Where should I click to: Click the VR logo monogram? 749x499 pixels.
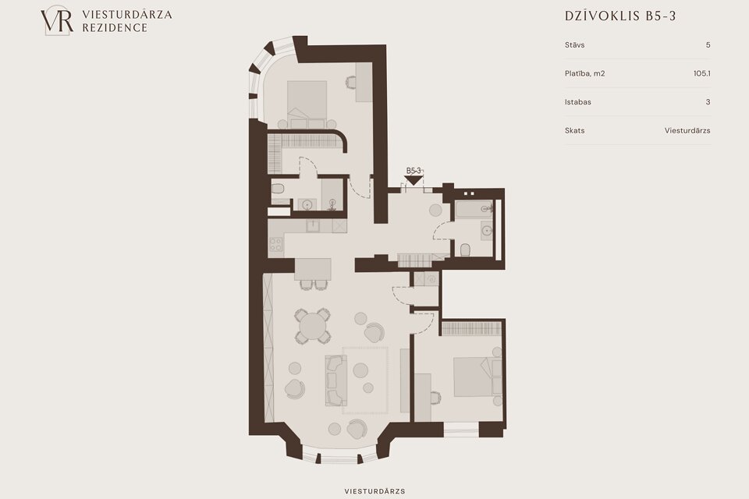[57, 20]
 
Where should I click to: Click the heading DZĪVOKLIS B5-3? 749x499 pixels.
[620, 16]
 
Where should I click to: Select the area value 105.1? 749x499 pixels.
[701, 73]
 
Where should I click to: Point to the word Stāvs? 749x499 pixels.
[575, 45]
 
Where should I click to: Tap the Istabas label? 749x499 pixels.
[578, 101]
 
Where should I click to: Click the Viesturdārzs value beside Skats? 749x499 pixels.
[687, 130]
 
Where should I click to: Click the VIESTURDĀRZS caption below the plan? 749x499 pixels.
[374, 491]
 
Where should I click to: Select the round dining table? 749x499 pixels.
[312, 326]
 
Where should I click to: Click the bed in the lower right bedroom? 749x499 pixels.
[476, 377]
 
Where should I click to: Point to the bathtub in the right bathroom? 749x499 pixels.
[473, 209]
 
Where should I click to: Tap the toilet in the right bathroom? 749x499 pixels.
[465, 249]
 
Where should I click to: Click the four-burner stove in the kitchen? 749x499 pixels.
[275, 244]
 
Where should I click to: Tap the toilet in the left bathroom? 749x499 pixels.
[278, 189]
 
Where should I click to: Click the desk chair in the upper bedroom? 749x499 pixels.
[350, 82]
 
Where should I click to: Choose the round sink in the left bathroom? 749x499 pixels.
[307, 205]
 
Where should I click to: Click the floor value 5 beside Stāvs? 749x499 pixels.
[708, 45]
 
